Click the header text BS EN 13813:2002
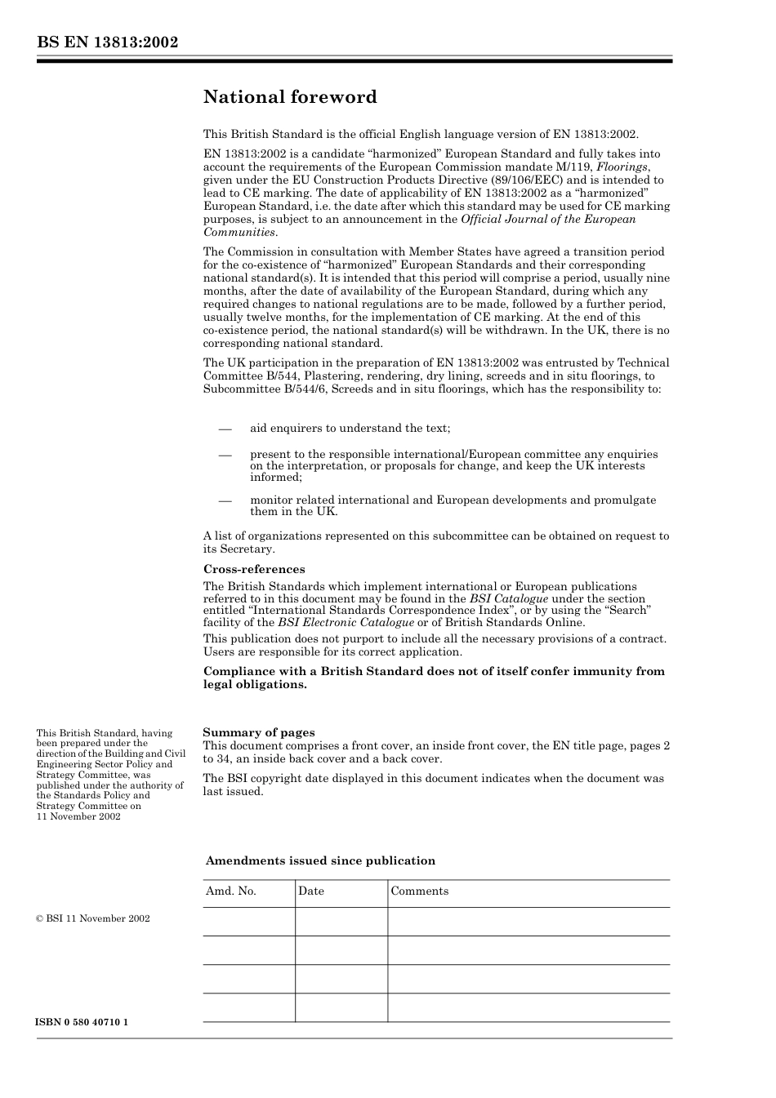coord(107,42)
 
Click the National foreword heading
coord(290,97)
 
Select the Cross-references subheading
coord(254,569)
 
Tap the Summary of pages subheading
coord(258,732)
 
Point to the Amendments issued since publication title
coord(320,860)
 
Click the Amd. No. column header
coord(231,891)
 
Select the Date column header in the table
coord(311,891)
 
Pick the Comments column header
coord(419,891)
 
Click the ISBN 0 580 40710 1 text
coord(82,1022)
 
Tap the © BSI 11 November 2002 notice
coord(93,918)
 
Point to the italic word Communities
coord(239,232)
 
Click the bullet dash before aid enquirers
coord(225,429)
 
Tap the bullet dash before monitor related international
coord(225,500)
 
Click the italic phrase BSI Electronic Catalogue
coord(346,622)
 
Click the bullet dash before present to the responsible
coord(225,455)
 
